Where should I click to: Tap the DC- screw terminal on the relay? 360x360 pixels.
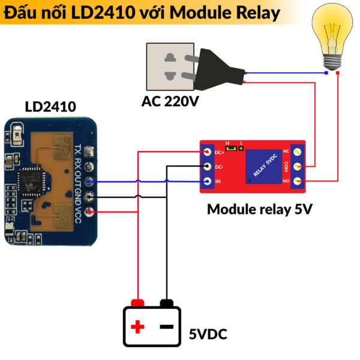[207, 166]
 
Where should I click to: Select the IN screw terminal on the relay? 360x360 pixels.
[207, 181]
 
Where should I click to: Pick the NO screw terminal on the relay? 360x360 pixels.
[296, 180]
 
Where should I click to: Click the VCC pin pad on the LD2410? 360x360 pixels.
[90, 211]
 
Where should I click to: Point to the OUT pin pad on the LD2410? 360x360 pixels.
[90, 182]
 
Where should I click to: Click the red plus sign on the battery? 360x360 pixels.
[138, 327]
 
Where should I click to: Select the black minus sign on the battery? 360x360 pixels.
[166, 327]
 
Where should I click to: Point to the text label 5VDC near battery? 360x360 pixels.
[208, 334]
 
